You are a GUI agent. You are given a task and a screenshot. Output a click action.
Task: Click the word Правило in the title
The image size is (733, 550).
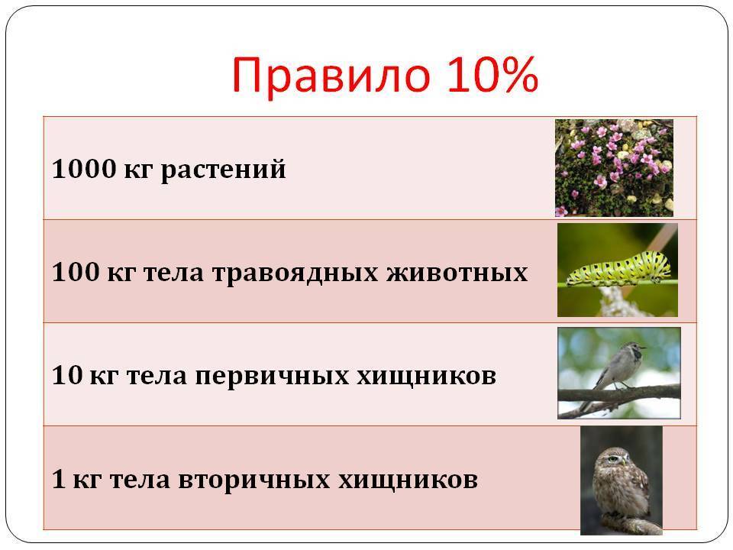pos(331,76)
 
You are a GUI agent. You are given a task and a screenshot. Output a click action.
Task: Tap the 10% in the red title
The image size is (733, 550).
pos(492,74)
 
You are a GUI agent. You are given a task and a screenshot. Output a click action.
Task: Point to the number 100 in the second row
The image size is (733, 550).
pos(76,272)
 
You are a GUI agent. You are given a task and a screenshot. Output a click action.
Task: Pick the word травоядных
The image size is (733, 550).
pos(295,274)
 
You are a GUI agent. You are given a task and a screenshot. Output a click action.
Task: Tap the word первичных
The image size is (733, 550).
pos(272,377)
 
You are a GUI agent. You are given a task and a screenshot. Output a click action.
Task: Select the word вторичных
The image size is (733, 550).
pos(254,480)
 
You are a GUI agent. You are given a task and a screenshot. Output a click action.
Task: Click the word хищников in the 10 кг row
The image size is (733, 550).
pos(426,377)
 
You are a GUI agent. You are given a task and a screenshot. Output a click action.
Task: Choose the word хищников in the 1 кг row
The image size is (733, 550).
pos(408,480)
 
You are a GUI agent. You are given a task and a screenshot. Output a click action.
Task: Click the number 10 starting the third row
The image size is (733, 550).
pos(67,375)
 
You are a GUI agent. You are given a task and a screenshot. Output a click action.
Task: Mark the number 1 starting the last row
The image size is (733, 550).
pos(58,478)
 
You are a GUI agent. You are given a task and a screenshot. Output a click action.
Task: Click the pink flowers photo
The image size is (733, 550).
pos(614,168)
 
